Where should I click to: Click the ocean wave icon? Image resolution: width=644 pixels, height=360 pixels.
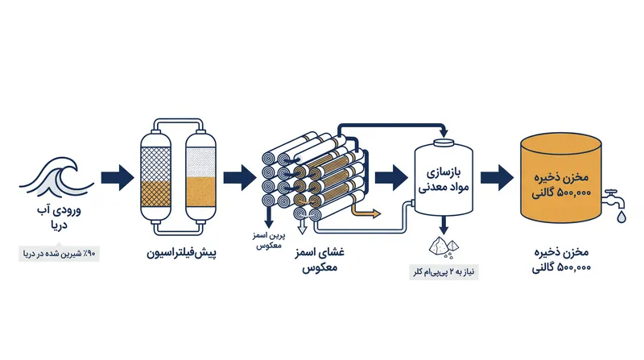coord(56,177)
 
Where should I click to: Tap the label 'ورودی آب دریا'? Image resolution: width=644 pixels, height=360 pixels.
coord(59,217)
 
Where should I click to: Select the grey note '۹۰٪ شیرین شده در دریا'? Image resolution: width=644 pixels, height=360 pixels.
coord(59,254)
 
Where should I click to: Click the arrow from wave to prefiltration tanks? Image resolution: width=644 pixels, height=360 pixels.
coord(118,177)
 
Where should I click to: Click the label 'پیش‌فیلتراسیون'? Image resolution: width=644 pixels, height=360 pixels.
coord(182,253)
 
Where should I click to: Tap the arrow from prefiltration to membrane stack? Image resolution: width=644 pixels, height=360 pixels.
coord(240,177)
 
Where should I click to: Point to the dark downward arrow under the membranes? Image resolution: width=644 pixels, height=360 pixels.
coord(269,217)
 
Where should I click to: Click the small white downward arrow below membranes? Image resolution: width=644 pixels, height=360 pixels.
coord(303,226)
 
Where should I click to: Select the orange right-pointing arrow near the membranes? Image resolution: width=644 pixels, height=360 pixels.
coord(365,211)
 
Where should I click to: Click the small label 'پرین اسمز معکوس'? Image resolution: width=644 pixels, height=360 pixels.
coord(269,241)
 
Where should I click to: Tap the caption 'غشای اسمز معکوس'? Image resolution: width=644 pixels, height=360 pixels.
coord(320,260)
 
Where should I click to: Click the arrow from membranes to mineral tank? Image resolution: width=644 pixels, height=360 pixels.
coord(391,177)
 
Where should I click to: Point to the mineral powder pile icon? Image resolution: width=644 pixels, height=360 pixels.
coord(444,247)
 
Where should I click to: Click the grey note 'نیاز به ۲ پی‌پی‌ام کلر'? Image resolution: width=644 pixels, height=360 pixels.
coord(444,272)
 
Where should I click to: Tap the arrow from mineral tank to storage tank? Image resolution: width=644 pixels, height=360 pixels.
coord(497,177)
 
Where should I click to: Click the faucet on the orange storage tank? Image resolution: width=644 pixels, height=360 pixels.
coord(613,199)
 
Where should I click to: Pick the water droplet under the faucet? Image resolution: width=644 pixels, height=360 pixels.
coord(621,217)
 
